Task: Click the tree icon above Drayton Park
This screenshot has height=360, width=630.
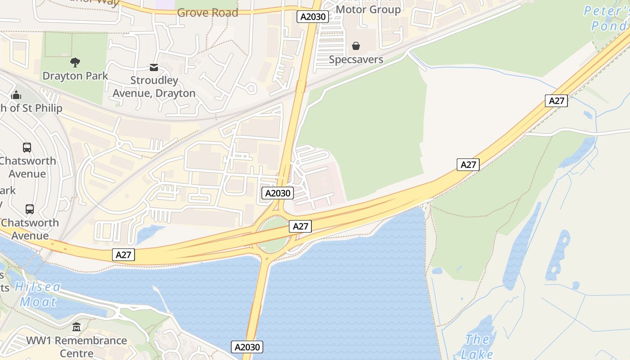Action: pyautogui.click(x=75, y=63)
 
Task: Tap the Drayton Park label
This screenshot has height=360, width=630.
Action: pyautogui.click(x=75, y=76)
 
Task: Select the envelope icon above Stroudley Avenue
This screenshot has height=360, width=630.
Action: pyautogui.click(x=154, y=67)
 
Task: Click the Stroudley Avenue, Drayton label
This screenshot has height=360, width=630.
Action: pyautogui.click(x=154, y=87)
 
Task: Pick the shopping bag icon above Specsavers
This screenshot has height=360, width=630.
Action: pyautogui.click(x=356, y=46)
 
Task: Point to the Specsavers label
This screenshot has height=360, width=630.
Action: pyautogui.click(x=356, y=59)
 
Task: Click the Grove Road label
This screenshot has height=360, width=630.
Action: pyautogui.click(x=207, y=13)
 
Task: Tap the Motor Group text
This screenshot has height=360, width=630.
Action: pyautogui.click(x=368, y=9)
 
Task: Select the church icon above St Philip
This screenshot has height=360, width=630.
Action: pyautogui.click(x=16, y=95)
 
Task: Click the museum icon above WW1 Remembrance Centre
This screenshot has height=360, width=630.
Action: pyautogui.click(x=76, y=327)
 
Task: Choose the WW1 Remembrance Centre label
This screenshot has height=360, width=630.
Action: pyautogui.click(x=76, y=346)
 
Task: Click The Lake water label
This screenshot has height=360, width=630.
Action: pyautogui.click(x=477, y=346)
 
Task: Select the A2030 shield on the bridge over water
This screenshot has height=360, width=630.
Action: pyautogui.click(x=247, y=347)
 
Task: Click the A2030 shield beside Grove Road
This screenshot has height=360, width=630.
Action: pyautogui.click(x=313, y=17)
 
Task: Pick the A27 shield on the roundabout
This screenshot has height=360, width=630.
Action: pyautogui.click(x=300, y=226)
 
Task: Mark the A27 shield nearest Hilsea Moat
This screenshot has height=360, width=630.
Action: pyautogui.click(x=123, y=255)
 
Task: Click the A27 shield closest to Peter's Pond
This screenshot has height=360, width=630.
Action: pyautogui.click(x=556, y=101)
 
